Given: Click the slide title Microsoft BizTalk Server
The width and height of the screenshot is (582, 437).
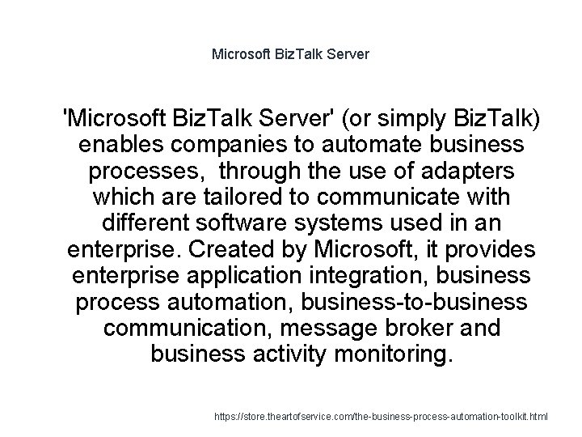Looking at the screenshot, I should click(x=290, y=55).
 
